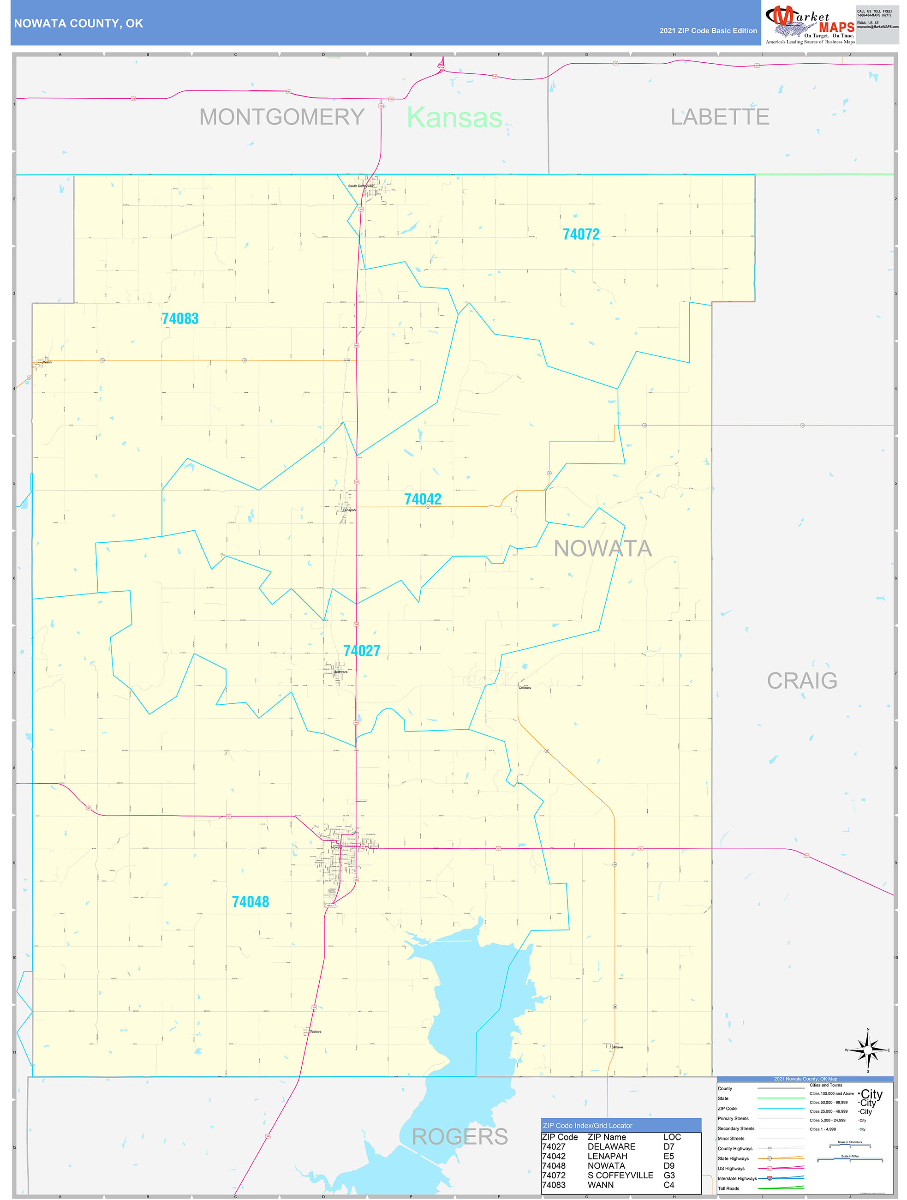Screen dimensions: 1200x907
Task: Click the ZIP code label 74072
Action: (x=581, y=234)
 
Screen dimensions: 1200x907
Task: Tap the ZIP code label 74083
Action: (x=180, y=319)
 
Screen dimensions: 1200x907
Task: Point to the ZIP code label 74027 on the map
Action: (x=362, y=650)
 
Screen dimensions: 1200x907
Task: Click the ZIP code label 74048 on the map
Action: (x=250, y=902)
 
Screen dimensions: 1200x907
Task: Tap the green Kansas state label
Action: (x=454, y=118)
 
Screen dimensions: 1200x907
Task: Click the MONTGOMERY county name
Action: (x=281, y=117)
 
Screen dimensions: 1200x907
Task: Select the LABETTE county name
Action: (x=719, y=117)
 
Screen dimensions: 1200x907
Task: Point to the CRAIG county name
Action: (x=801, y=680)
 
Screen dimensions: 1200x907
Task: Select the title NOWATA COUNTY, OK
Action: (x=78, y=24)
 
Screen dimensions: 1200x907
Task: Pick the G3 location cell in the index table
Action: (x=669, y=1175)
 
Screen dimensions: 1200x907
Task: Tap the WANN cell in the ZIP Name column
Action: (x=600, y=1185)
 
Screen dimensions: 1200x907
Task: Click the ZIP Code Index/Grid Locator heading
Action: (x=587, y=1126)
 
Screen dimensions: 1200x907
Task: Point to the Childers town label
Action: (x=524, y=688)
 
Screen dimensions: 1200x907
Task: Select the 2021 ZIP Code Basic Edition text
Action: (x=708, y=31)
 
